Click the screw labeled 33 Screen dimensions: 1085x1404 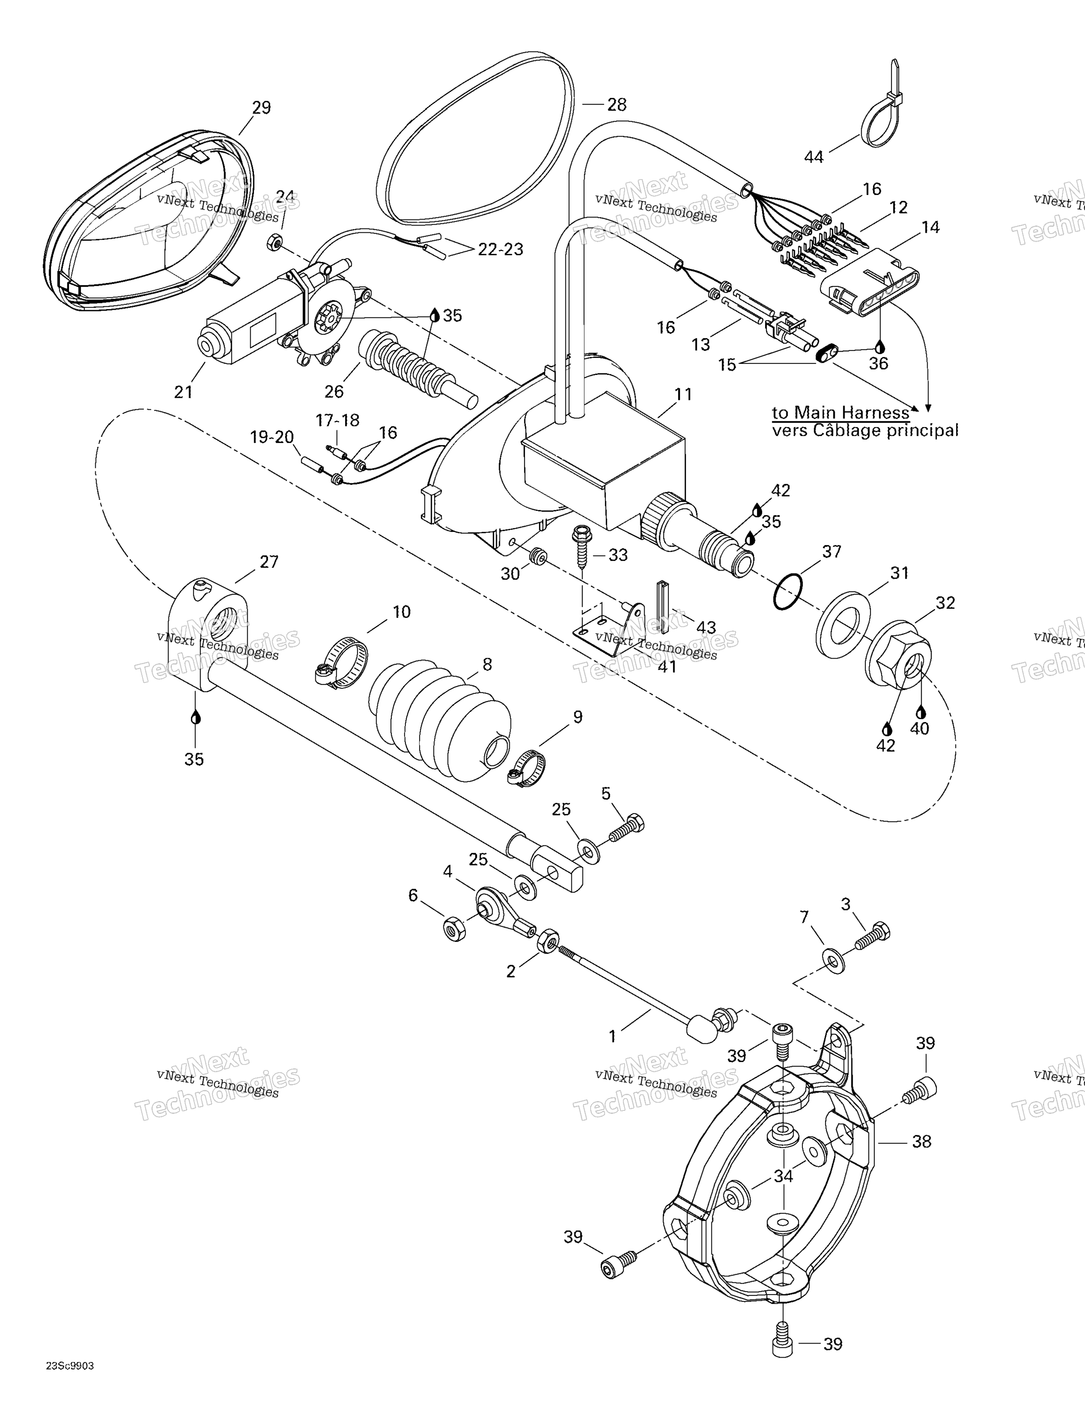point(582,546)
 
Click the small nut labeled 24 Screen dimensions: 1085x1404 point(273,243)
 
